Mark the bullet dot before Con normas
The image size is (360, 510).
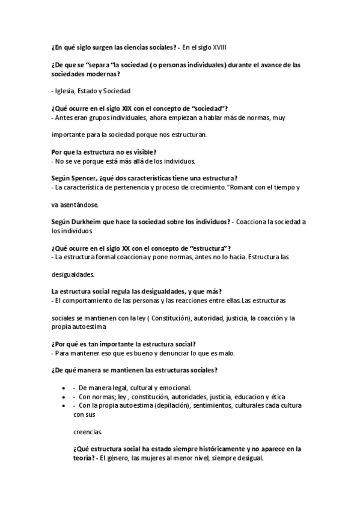[x=64, y=397]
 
